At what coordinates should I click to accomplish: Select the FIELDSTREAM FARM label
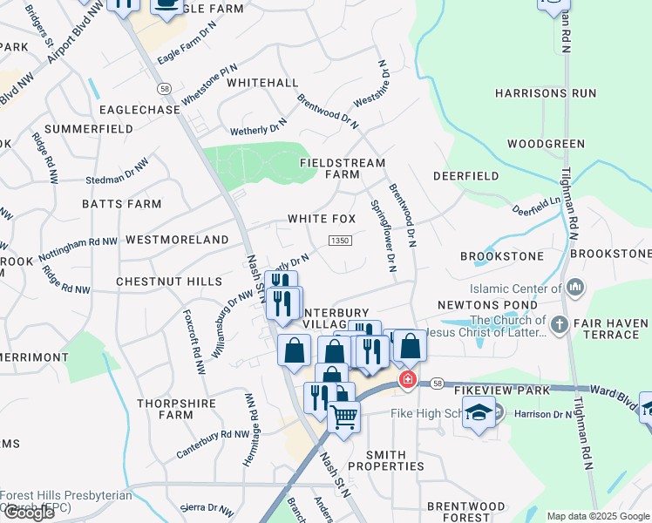pos(330,168)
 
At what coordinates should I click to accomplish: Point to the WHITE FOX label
pos(322,219)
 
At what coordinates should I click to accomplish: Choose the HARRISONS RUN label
pos(546,92)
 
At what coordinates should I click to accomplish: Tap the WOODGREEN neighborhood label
pos(546,143)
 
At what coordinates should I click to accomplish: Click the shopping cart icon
pos(344,418)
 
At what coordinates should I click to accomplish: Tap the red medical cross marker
pos(407,381)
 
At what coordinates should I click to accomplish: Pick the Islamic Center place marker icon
pos(574,288)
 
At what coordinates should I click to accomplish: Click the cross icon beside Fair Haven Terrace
pos(559,326)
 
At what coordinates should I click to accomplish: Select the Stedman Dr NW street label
pos(117,172)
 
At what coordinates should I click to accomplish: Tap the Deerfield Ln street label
pos(536,206)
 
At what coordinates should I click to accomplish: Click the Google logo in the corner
pos(29,513)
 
